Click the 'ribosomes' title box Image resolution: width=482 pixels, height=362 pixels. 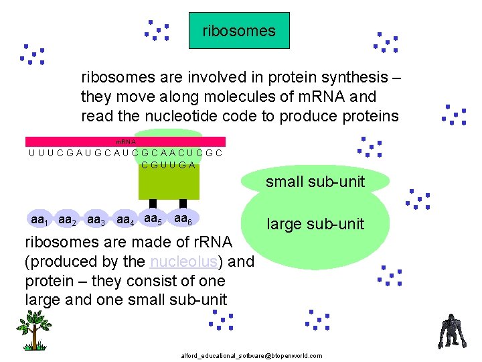(239, 31)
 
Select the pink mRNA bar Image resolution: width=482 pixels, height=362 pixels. (125, 141)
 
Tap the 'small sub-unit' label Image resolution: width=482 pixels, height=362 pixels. (315, 181)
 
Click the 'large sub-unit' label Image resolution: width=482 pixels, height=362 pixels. (315, 224)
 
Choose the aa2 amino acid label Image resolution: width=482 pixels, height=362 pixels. (67, 219)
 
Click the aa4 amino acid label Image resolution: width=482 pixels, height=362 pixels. (125, 219)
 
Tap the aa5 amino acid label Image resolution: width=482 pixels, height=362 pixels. (153, 218)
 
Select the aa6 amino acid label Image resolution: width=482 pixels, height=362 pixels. (182, 218)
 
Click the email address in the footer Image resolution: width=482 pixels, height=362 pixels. (251, 355)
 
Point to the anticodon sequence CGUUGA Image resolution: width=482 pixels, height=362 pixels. (168, 166)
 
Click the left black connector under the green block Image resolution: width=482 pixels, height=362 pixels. (153, 204)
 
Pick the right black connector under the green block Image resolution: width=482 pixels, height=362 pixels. (183, 204)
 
